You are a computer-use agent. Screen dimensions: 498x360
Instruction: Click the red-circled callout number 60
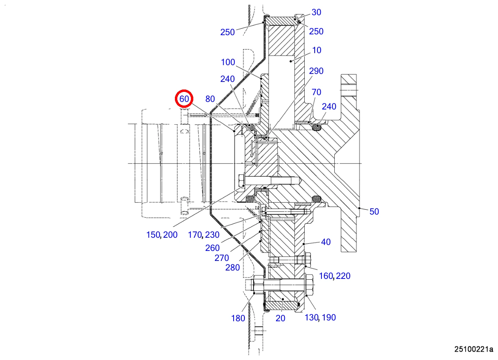tap(184, 99)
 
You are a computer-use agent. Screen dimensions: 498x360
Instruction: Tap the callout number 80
tap(210, 99)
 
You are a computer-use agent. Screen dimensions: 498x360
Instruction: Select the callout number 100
tap(228, 62)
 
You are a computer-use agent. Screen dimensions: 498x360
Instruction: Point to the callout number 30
tap(316, 12)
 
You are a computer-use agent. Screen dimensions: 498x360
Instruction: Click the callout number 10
tap(317, 50)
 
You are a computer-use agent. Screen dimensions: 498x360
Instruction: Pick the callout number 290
tap(316, 71)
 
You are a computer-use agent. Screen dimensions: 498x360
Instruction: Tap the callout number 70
tap(316, 92)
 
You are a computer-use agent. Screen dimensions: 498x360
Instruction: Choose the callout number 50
tap(374, 212)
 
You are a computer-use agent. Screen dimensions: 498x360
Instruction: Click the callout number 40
tap(326, 242)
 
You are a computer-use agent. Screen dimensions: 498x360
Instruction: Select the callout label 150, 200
tap(162, 235)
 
